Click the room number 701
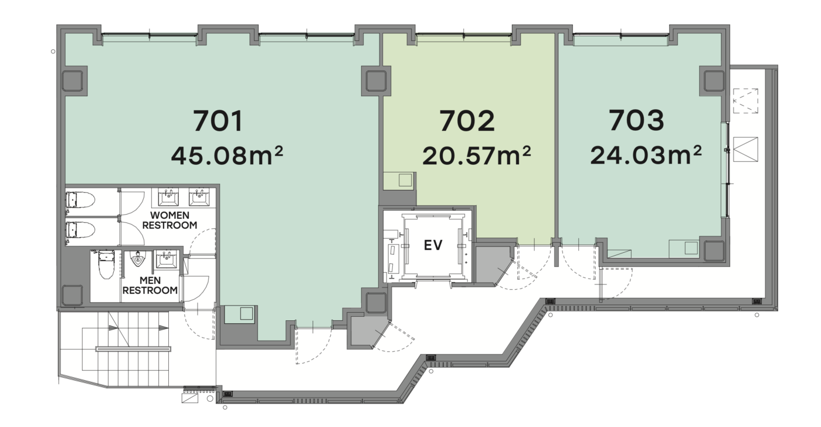click(218, 121)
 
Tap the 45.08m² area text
click(227, 155)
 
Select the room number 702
click(467, 121)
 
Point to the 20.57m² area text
click(476, 155)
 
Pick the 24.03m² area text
click(646, 155)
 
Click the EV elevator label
click(433, 245)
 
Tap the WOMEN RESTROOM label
click(169, 220)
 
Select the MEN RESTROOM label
click(150, 285)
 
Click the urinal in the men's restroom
click(138, 259)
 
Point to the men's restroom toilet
click(106, 264)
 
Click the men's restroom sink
click(167, 259)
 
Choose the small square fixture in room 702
click(405, 180)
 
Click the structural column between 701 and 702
click(376, 81)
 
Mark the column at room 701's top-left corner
click(72, 81)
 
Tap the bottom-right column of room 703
click(714, 251)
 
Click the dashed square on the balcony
click(745, 101)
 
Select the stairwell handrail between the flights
click(134, 349)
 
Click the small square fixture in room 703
click(691, 248)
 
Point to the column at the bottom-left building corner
click(72, 295)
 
